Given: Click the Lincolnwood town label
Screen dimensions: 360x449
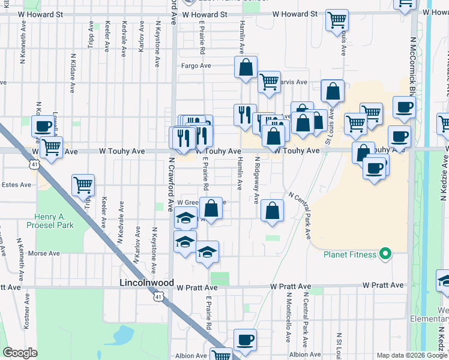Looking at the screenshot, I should point(146,283).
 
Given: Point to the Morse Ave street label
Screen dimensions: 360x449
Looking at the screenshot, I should point(44,254).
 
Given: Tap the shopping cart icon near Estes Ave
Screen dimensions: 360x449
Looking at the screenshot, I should point(83,185).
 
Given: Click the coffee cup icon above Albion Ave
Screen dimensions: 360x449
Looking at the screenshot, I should point(244,340).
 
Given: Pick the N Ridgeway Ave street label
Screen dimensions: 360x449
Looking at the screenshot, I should point(257,181).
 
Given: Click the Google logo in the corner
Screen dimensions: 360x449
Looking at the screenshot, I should point(20,353).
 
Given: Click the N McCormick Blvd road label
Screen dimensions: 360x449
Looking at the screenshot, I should point(413,66).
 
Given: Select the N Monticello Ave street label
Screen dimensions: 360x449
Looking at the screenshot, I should point(288,318).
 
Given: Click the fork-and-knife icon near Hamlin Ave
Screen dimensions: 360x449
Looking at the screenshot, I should point(244,114).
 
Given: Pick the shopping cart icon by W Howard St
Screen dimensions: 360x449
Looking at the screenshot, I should point(337,19).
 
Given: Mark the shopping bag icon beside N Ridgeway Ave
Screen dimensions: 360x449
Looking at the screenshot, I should point(273,211).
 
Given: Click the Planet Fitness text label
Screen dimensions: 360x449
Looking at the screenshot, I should point(350,254).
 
